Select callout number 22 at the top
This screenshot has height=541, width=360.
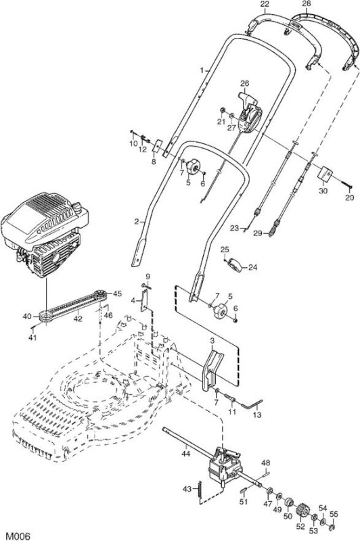(265, 4)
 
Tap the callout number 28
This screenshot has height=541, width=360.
(306, 4)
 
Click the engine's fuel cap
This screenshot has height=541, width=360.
(76, 207)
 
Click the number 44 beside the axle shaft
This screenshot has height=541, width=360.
(185, 454)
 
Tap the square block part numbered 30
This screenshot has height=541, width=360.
(325, 174)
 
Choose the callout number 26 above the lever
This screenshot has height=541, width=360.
(245, 83)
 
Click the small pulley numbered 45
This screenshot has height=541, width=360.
(100, 295)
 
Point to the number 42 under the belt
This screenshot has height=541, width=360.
(78, 319)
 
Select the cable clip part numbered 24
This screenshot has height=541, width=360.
(235, 265)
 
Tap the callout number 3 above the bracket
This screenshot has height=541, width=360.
(212, 341)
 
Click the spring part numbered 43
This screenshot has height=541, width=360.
(200, 488)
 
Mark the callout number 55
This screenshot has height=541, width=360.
(334, 514)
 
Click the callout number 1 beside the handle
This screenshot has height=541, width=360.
(202, 70)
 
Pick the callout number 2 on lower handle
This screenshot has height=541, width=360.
(137, 222)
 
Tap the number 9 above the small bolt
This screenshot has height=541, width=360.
(148, 277)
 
